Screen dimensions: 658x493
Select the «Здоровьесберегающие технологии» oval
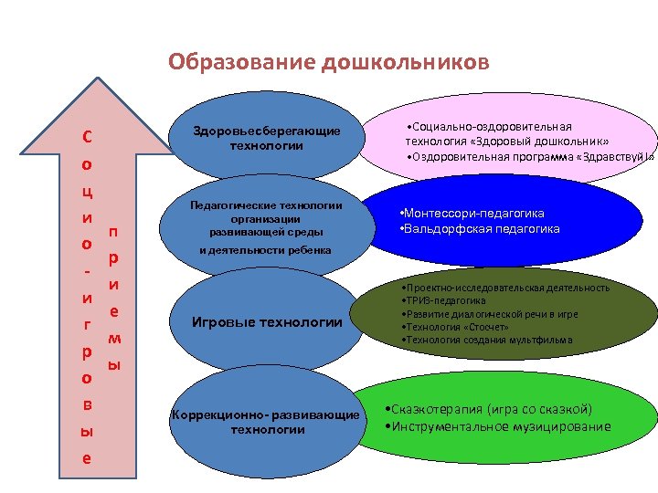click(x=266, y=138)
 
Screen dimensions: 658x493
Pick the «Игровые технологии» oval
click(x=266, y=321)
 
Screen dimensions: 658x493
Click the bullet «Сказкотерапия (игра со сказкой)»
click(x=489, y=409)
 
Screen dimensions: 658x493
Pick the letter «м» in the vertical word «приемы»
click(x=114, y=338)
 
